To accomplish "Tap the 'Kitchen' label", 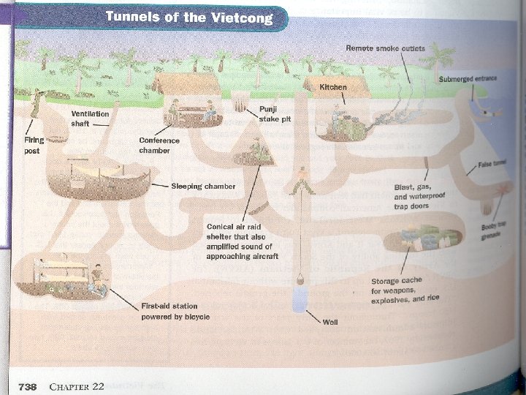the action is click(333, 87).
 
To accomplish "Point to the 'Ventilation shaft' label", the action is click(90, 118).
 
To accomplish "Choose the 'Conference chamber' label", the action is click(154, 145).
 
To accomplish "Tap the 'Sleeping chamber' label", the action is click(203, 187).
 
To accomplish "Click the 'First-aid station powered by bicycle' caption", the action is click(175, 311).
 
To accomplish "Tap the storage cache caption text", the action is click(405, 290).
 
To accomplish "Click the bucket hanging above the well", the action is click(300, 279).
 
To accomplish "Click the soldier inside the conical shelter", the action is click(255, 152).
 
